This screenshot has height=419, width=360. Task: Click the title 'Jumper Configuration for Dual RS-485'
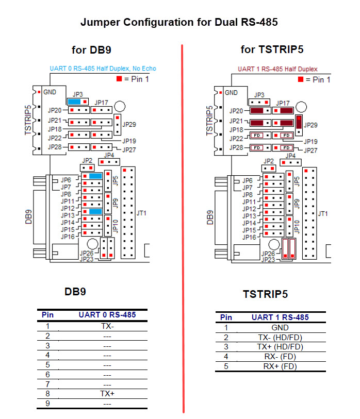tap(179, 22)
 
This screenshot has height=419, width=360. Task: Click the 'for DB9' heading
tap(91, 50)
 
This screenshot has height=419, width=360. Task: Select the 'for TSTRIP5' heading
tap(272, 49)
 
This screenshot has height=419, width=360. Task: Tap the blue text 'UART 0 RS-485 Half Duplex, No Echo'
tap(103, 69)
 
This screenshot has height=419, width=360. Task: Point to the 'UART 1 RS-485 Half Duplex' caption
tap(277, 69)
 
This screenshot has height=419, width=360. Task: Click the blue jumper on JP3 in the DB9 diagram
tap(74, 102)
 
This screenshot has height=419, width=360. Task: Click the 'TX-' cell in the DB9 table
tap(107, 326)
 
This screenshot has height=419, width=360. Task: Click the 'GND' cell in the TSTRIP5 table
tap(280, 327)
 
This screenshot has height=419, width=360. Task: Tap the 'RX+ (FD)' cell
tap(280, 366)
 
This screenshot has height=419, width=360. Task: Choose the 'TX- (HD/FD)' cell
tap(280, 337)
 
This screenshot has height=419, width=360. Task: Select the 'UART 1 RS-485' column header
tap(280, 317)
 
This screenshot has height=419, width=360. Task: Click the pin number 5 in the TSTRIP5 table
tap(226, 366)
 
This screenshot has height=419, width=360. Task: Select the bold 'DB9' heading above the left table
tap(75, 291)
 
